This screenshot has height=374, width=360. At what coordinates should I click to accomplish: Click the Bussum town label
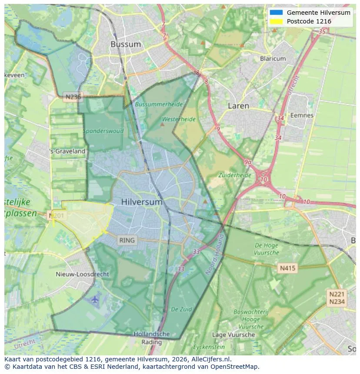(x=126, y=44)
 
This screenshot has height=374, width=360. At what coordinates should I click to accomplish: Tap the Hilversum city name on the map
(x=142, y=202)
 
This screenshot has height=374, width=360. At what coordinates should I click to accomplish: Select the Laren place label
(x=239, y=106)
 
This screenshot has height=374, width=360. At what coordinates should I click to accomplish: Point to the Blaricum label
(x=273, y=59)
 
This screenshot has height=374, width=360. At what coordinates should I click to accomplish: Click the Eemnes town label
(x=302, y=115)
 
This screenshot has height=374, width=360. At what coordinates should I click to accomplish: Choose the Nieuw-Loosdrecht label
(x=83, y=274)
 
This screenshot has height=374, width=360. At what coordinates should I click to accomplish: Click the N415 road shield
(x=287, y=268)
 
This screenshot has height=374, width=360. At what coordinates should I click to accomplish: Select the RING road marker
(x=127, y=240)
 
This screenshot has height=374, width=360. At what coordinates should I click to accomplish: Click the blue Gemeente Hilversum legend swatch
(x=276, y=13)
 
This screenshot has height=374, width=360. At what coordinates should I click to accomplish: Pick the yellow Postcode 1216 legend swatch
(x=276, y=21)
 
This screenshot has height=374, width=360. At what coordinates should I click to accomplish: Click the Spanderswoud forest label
(x=103, y=131)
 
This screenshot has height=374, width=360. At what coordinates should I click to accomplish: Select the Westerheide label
(x=179, y=119)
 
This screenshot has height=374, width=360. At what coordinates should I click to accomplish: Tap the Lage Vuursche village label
(x=233, y=334)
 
